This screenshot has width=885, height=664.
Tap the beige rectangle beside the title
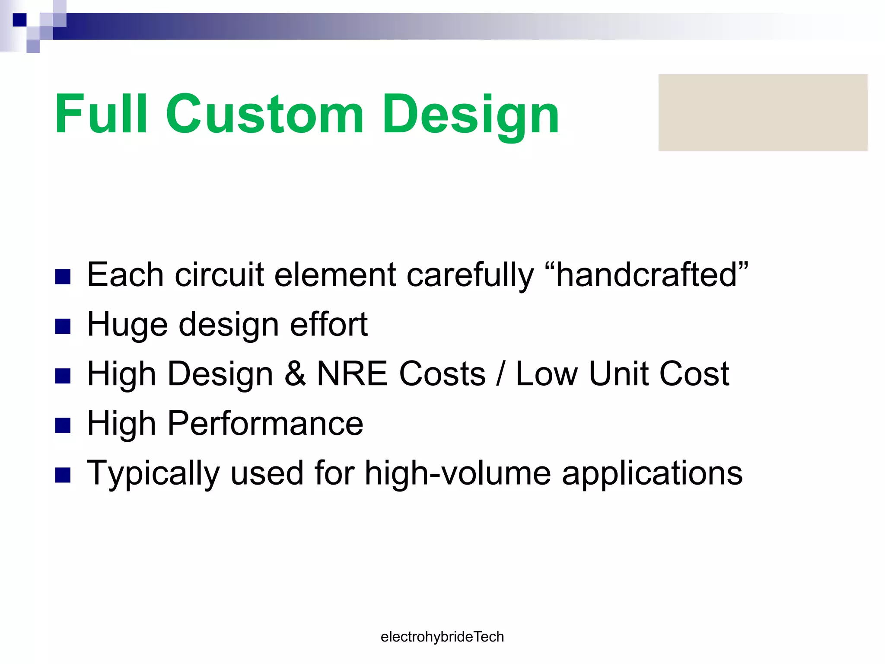763,112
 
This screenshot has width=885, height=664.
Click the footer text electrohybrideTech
442,637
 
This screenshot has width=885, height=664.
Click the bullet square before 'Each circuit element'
63,277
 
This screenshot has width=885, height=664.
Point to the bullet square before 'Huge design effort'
63,326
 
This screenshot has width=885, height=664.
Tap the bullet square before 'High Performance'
63,425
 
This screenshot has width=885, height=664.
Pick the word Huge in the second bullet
127,325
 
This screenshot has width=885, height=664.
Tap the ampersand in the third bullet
295,374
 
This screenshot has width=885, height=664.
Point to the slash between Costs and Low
500,375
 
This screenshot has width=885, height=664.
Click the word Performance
265,424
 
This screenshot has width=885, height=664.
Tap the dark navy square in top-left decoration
19,20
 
